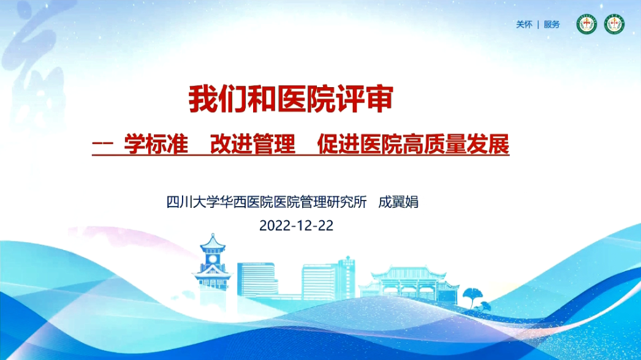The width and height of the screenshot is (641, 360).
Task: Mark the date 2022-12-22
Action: click(296, 224)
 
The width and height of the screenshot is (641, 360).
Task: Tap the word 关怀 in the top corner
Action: click(524, 25)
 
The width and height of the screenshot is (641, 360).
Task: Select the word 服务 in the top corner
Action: click(552, 25)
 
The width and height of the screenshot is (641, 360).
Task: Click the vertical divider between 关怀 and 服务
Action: click(538, 25)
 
